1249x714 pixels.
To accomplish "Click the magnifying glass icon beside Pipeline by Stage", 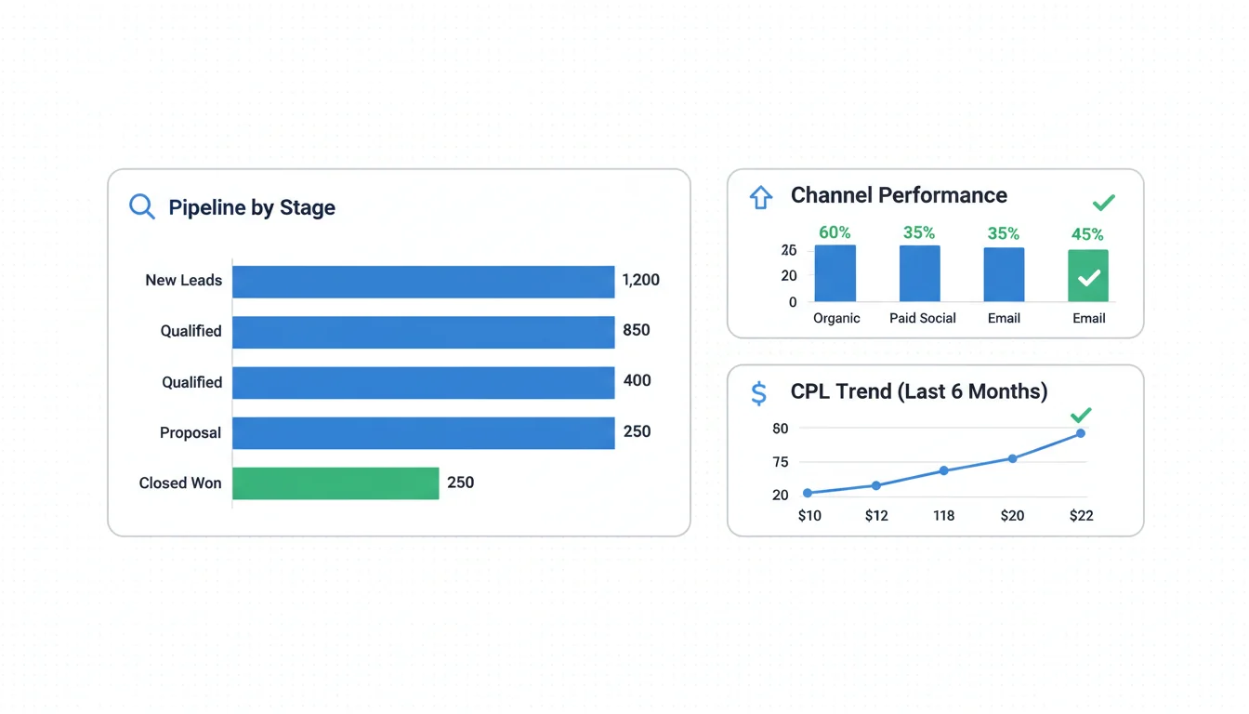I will coord(141,206).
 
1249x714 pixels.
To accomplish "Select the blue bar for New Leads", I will coord(423,282).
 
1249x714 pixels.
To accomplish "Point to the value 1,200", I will coord(640,280).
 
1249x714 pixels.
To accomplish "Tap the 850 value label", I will coord(637,330).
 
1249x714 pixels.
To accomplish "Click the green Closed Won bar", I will coord(335,483).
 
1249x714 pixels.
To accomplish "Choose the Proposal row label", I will coord(191,432).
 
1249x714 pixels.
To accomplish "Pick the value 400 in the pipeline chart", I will coord(637,380).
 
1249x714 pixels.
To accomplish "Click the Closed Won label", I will coord(180,483).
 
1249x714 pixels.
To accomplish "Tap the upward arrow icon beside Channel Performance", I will coord(761,197).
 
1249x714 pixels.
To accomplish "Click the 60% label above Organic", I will coord(835,232).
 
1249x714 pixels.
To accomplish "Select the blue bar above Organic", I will coord(835,273).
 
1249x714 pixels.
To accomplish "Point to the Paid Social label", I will coord(922,318).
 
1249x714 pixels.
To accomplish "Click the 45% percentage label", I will coord(1087,234).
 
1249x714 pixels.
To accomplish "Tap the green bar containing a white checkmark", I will coord(1088,275).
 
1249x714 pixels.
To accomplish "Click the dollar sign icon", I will coord(758,393).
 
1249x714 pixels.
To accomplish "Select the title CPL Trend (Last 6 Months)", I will coord(918,391).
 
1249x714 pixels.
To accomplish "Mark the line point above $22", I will coord(1081,433).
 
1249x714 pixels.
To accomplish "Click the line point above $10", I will coord(808,493).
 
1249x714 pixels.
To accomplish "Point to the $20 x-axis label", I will coord(1012,515).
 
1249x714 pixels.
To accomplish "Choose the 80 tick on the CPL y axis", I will coord(780,429).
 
